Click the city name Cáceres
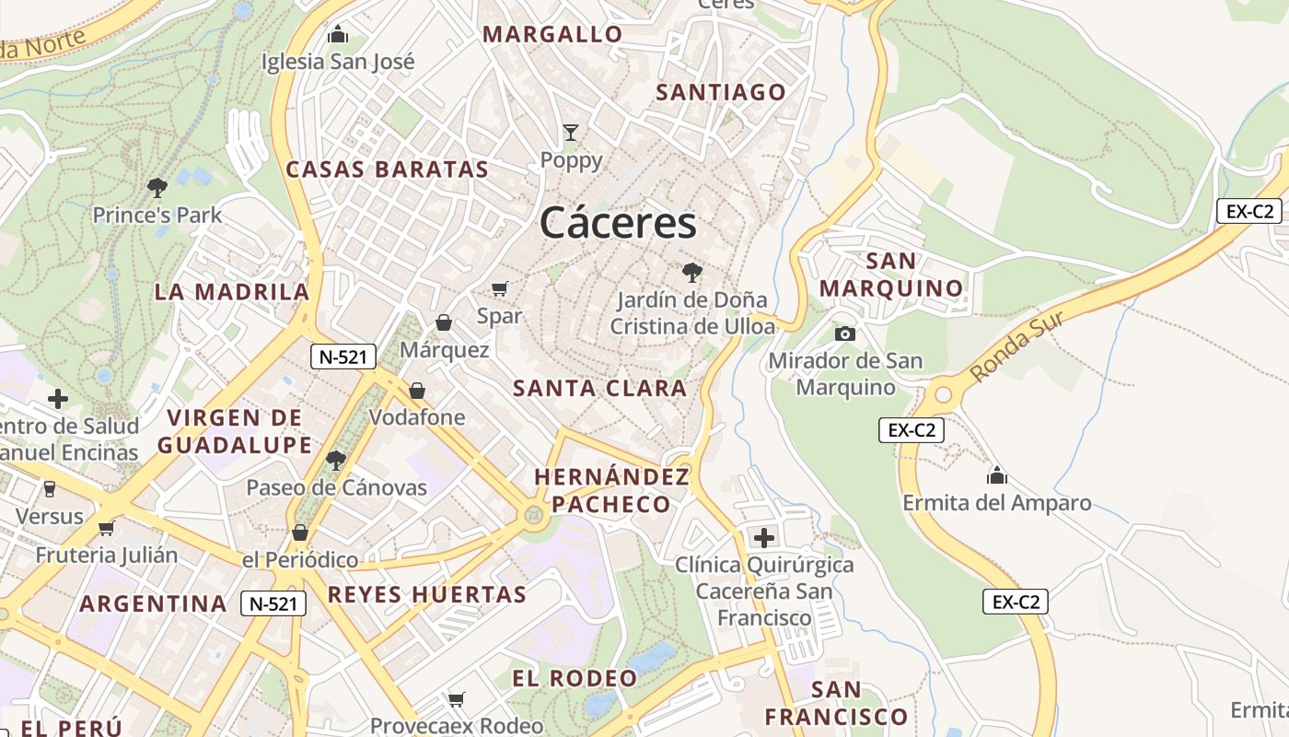point(618,222)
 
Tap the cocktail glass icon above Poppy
point(571,133)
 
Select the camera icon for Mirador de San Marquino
point(844,333)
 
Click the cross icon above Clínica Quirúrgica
point(763,537)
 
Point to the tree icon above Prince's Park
point(157,188)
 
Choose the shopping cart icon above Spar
point(500,289)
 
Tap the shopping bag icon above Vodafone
point(417,391)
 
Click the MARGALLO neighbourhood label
point(552,35)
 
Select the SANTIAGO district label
point(721,92)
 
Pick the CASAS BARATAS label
point(387,170)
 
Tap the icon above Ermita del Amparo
point(996,475)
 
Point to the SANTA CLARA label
point(599,388)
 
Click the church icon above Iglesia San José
point(338,35)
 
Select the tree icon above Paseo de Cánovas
point(336,460)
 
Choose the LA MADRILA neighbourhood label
point(231,292)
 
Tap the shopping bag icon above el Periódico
point(300,532)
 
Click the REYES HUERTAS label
point(427,594)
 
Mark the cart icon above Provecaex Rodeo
point(456,699)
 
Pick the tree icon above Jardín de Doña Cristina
point(691,273)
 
